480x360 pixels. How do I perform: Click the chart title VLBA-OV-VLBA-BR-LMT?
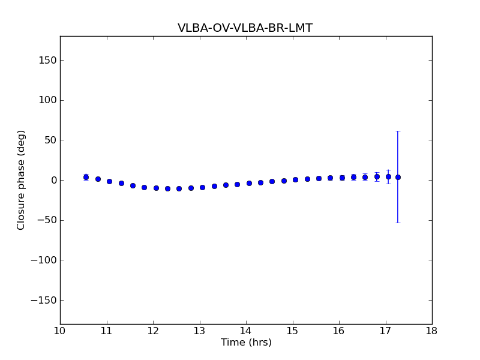click(245, 28)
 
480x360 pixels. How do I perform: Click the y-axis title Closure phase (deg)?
click(22, 180)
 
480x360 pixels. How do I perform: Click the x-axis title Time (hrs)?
click(246, 343)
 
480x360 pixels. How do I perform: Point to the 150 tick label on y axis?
click(48, 60)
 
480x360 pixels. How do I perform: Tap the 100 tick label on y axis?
click(48, 100)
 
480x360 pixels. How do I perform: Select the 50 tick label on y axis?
click(50, 140)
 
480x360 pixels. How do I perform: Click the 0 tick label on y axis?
click(53, 180)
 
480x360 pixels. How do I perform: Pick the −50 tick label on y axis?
click(47, 220)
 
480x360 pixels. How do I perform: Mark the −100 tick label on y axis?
click(44, 260)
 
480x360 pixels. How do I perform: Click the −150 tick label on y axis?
click(44, 300)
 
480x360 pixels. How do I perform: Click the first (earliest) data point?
click(86, 177)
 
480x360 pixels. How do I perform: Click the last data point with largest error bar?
click(398, 177)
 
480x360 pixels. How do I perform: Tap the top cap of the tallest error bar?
click(398, 131)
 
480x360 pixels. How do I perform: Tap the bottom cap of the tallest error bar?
click(398, 223)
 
